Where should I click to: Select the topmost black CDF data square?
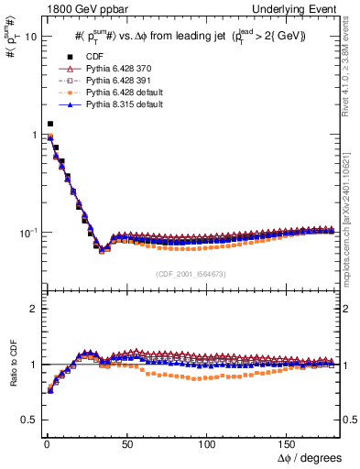point(50,124)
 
